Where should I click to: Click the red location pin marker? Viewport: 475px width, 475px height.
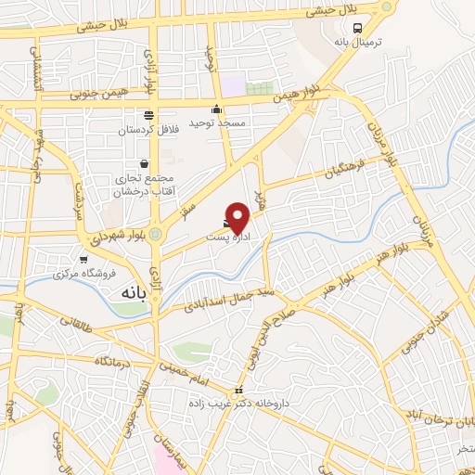coord(239,216)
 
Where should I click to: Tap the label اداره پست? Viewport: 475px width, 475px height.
coord(226,238)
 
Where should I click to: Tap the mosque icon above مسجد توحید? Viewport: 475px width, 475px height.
coord(216,109)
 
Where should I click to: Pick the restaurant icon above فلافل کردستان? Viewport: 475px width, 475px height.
coord(148,115)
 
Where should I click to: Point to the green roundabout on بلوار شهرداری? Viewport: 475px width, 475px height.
coord(155,234)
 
